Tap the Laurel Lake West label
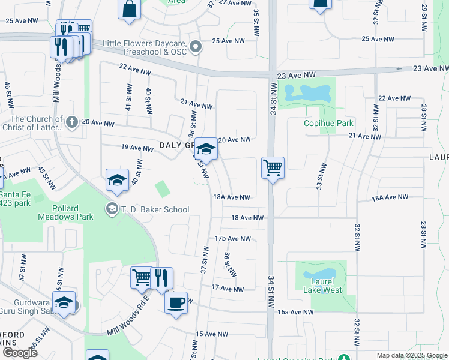click(x=322, y=285)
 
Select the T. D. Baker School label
click(x=155, y=209)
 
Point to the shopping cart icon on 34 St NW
click(x=273, y=167)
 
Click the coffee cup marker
click(x=175, y=302)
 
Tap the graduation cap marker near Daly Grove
click(x=206, y=149)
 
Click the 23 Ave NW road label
click(x=296, y=75)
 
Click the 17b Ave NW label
click(x=232, y=239)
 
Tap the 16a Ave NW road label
click(x=296, y=312)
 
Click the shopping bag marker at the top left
click(x=130, y=9)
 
